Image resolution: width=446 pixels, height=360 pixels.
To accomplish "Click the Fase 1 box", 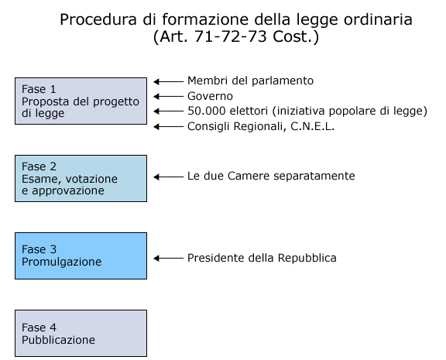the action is (x=81, y=101).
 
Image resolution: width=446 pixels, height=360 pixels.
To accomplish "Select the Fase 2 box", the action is (x=81, y=178).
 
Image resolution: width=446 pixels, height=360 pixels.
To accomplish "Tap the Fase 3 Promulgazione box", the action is (x=81, y=255).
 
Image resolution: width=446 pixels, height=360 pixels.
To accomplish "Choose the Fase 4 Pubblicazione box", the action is (x=81, y=333).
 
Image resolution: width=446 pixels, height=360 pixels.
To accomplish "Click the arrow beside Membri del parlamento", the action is (x=168, y=81).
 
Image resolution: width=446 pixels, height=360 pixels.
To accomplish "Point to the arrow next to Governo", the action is (x=168, y=97).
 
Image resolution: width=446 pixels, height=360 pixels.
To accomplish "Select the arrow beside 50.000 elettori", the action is (x=168, y=111).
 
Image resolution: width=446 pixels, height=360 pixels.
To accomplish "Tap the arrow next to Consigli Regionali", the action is (x=168, y=126).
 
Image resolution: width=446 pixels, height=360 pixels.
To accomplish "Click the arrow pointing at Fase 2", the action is (x=168, y=177).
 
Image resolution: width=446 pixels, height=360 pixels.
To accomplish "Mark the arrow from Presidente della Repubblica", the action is (x=168, y=259).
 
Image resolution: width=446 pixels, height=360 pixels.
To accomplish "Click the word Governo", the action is (x=210, y=96).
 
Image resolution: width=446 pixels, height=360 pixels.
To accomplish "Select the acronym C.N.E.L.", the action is (x=312, y=126).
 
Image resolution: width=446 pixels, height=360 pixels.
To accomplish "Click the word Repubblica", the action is (x=307, y=258).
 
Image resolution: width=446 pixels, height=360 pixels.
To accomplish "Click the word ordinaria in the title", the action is (x=378, y=19).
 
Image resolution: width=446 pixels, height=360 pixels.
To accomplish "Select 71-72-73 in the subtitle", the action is (x=231, y=36).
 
